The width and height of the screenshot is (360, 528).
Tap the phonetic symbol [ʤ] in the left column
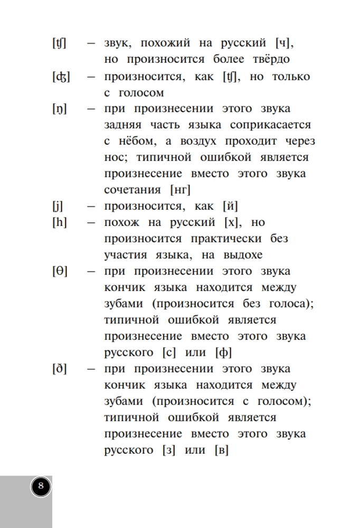pos(61,77)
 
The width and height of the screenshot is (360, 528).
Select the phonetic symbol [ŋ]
pos(60,109)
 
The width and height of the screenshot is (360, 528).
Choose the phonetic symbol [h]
pos(60,223)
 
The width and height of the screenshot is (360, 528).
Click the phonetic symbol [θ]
pos(60,271)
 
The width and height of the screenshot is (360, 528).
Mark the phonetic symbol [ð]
pos(60,369)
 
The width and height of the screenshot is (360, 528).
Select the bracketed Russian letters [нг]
pos(180,190)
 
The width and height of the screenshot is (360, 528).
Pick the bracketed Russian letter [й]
pos(231,206)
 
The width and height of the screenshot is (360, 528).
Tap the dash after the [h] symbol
pos(92,223)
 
